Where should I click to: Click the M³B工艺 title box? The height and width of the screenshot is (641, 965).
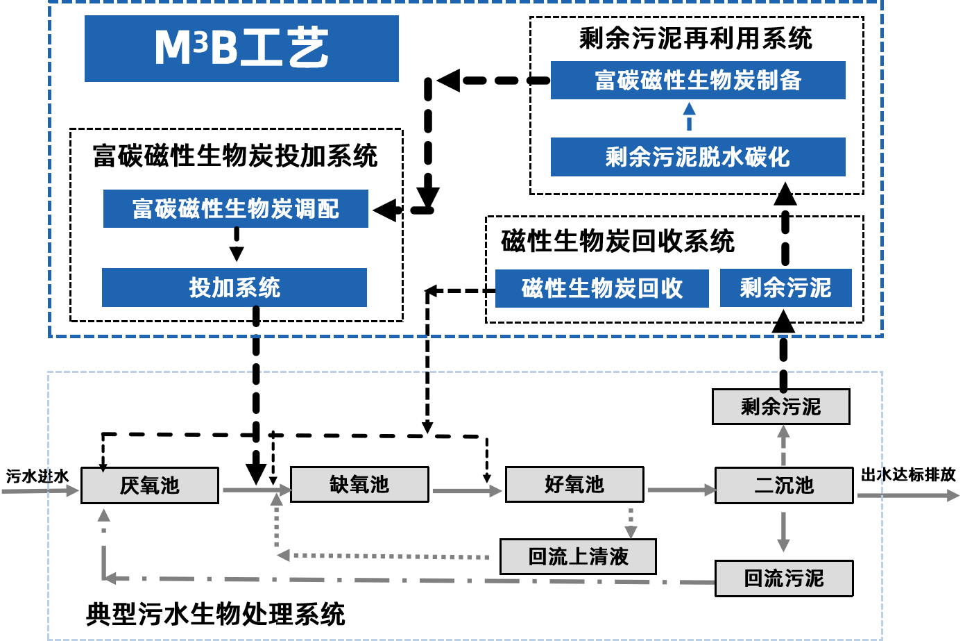pos(241,49)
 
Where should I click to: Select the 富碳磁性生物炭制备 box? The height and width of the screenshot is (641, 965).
pos(698,81)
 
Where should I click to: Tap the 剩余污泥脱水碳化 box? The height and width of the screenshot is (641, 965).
pos(698,157)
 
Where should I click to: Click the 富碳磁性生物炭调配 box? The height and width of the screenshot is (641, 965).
pos(236,208)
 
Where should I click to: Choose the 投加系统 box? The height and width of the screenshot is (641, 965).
pos(234,288)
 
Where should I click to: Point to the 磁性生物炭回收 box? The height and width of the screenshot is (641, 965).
pos(602,288)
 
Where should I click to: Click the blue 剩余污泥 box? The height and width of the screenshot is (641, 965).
pos(785,288)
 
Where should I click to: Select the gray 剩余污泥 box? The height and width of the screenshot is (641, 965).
pos(781,406)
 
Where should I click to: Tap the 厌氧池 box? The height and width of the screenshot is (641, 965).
pos(150,485)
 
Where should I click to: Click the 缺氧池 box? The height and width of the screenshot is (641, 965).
pos(359,484)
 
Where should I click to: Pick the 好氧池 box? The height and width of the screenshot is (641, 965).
pos(574,484)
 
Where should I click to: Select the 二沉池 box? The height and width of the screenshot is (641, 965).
pos(784,485)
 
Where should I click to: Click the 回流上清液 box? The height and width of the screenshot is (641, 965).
pos(578,556)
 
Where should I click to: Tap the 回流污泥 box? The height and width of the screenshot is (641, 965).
pos(784,578)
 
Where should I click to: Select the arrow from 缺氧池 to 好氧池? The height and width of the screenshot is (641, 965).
pos(467,491)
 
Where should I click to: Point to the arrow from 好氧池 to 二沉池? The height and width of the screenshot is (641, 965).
pos(681,490)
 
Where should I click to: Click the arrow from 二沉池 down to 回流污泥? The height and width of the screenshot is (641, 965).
pos(783,532)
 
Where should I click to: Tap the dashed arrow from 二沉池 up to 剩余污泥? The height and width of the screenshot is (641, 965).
pos(783,445)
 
